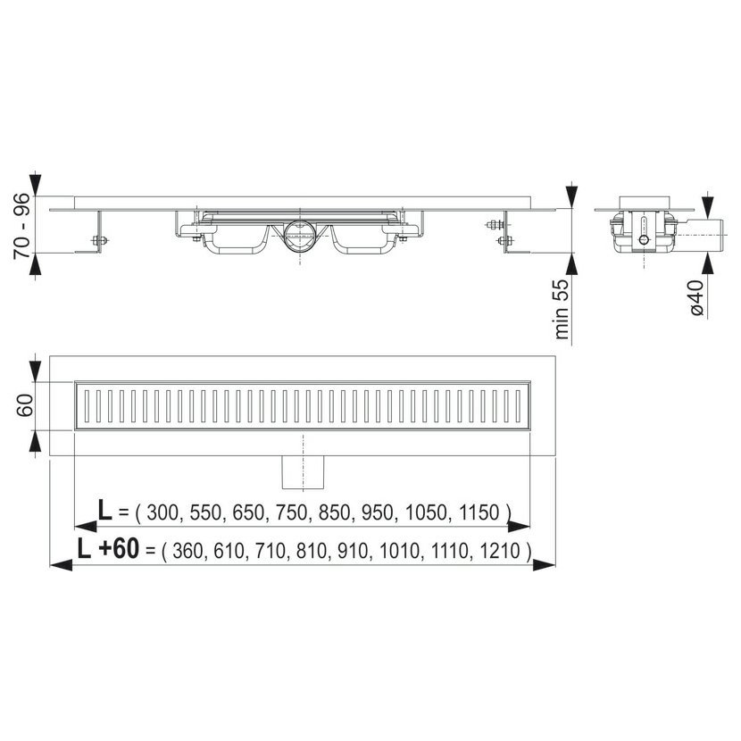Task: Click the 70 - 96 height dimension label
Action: coord(22,226)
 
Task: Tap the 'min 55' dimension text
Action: coord(562,309)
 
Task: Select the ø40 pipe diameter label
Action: coord(696,296)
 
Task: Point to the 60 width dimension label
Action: coord(25,405)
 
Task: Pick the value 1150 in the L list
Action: coord(479,512)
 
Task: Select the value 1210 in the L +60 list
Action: coord(500,551)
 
